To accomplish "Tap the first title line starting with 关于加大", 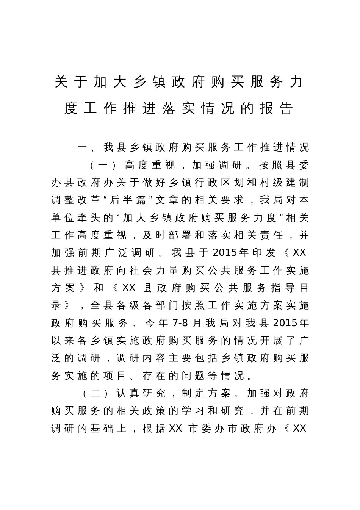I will coord(179,82).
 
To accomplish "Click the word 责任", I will coord(277,235).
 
